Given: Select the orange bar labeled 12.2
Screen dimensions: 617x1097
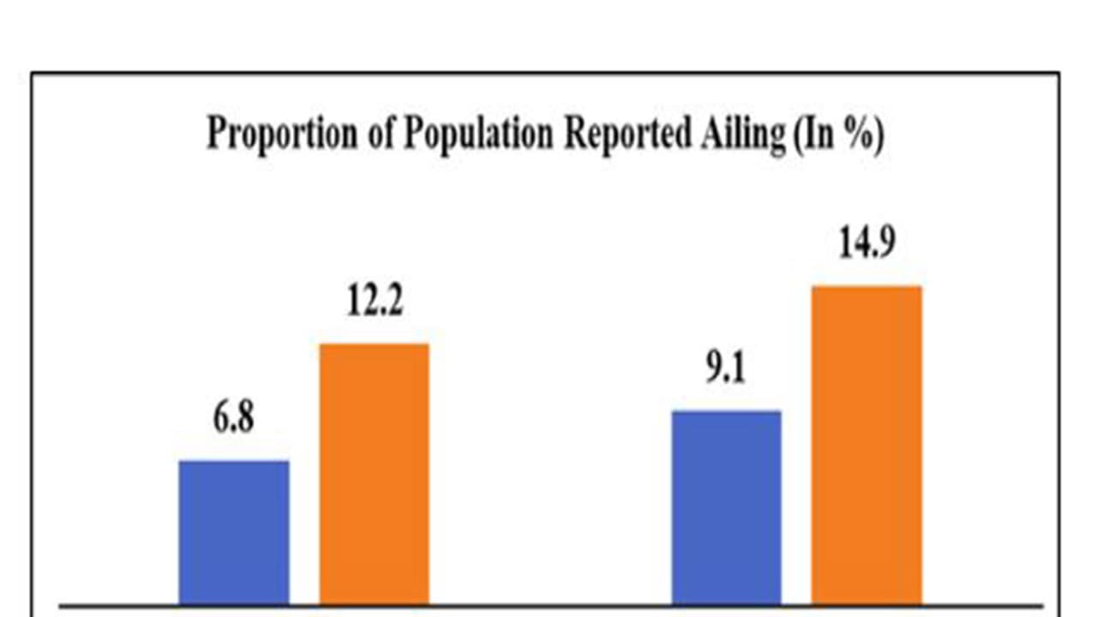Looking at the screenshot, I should point(375,473).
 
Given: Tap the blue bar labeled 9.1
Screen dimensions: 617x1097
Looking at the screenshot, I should point(726,507).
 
